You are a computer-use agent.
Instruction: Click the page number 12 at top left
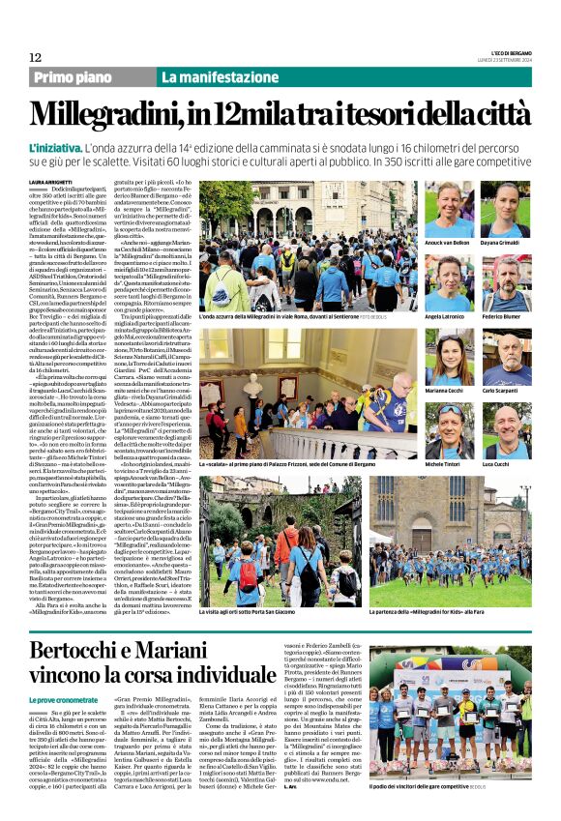[x=35, y=58]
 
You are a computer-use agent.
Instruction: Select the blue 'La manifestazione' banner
[x=211, y=77]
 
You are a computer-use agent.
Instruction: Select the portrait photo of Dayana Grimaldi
[x=506, y=208]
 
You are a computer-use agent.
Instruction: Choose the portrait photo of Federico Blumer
[x=506, y=282]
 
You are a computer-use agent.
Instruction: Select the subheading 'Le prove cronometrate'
[x=63, y=698]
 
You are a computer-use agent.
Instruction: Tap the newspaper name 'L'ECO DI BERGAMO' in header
[x=503, y=54]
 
